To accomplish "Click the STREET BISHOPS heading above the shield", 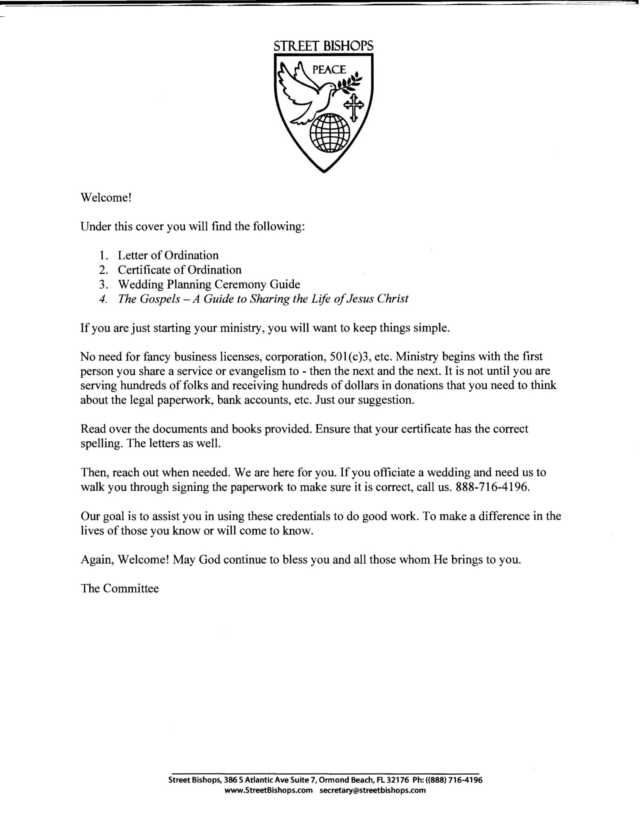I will (323, 46).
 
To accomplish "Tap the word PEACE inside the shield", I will (329, 70).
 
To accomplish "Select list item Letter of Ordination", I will (168, 255).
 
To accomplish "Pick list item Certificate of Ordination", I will (179, 270).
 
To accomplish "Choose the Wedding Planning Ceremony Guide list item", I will (209, 284).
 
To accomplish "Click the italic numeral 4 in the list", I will (103, 299).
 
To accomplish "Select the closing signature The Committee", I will (120, 588).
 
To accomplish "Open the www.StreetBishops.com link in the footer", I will (268, 790).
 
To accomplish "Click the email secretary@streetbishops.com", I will (373, 790).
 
